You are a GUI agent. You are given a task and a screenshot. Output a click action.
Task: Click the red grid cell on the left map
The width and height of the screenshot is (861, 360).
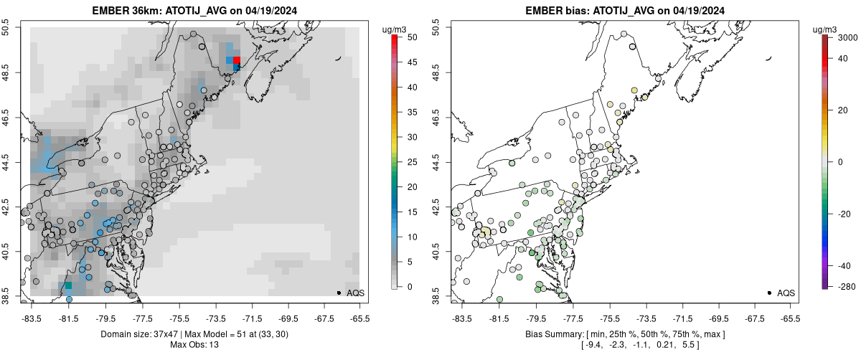[237, 60]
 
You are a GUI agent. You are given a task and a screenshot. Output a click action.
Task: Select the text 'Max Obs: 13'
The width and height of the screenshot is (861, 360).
[194, 345]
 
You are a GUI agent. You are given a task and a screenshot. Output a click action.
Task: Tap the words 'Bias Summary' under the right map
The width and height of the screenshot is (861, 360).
[552, 334]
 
